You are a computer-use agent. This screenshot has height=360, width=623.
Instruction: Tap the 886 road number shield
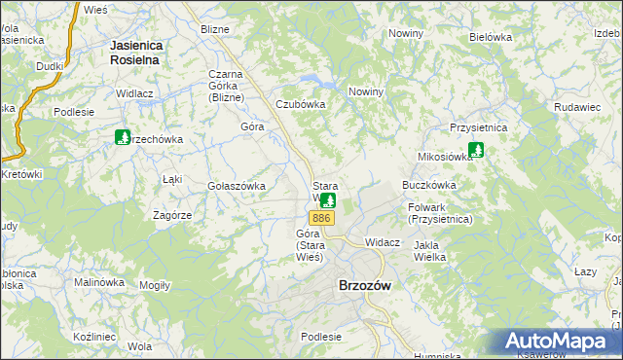(x=324, y=218)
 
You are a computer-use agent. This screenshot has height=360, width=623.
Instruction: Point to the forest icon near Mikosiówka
(x=476, y=151)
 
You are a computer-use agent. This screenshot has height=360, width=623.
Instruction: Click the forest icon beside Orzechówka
(x=123, y=138)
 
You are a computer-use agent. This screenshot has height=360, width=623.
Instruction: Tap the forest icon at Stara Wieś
(x=328, y=201)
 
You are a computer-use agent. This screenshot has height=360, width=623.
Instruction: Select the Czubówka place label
(x=300, y=104)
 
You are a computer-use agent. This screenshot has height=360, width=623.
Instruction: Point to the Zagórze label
(x=171, y=214)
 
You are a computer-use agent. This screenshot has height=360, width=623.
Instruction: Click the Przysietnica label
(x=479, y=126)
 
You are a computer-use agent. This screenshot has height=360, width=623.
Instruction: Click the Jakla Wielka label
(x=429, y=251)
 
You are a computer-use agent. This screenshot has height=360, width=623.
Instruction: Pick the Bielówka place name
(x=490, y=37)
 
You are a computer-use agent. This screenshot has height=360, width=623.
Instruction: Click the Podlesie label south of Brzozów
(x=321, y=336)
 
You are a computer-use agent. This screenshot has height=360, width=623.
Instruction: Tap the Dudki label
(x=50, y=66)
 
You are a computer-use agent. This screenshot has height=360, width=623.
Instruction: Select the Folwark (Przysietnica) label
(x=441, y=213)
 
